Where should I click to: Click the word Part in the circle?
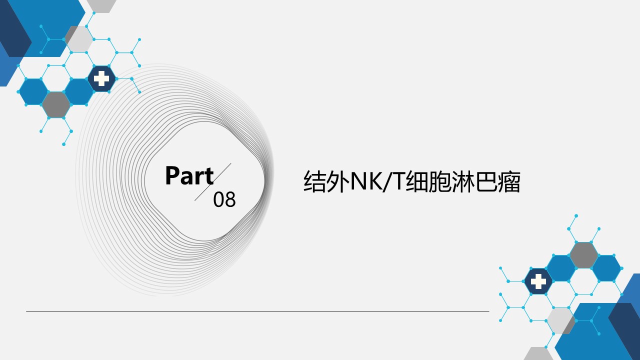[x=189, y=175]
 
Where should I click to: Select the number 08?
[x=224, y=199]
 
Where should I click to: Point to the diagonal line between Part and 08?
[x=213, y=182]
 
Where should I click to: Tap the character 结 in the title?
[x=315, y=181]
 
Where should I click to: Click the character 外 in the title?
[x=338, y=181]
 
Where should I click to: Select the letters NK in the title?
[x=366, y=181]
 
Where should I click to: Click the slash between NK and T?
[x=387, y=181]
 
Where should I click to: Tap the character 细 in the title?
[x=417, y=181]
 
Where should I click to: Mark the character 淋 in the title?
[x=463, y=181]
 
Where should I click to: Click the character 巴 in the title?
[x=485, y=181]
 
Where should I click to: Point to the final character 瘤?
[x=509, y=181]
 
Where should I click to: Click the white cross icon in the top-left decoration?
[x=101, y=78]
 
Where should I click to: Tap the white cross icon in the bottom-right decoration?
[x=538, y=281]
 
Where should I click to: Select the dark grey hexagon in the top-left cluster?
[x=56, y=105]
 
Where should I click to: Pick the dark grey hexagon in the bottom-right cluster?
[x=583, y=255]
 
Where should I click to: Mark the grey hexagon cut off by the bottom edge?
[x=538, y=353]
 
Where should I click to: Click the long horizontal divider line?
[x=257, y=311]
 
